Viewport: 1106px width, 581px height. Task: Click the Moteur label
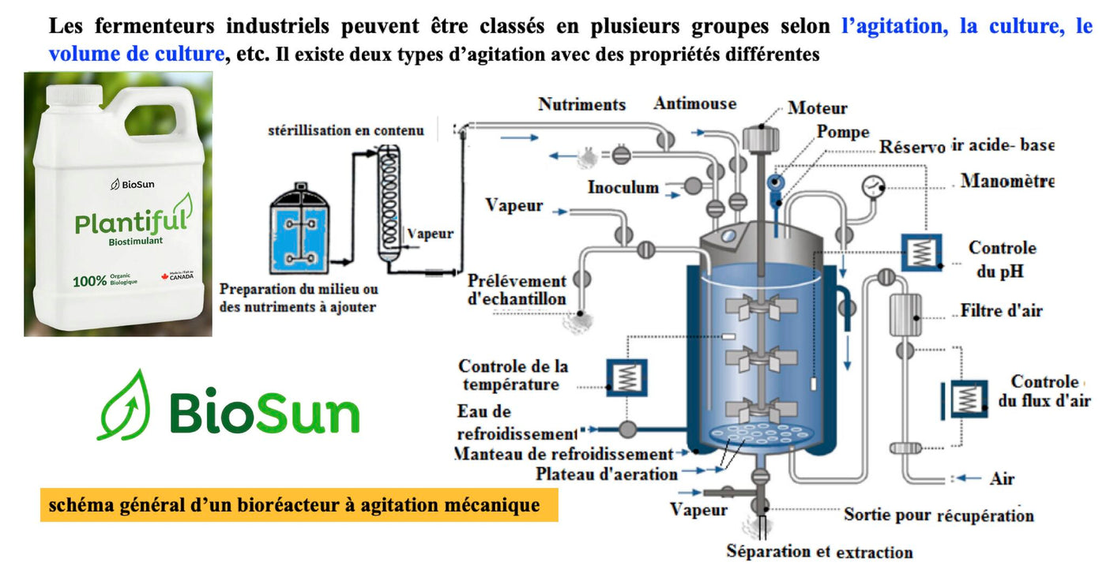817,107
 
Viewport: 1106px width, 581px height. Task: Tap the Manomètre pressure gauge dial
873,187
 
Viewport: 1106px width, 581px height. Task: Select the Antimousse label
694,103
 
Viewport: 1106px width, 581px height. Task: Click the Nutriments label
581,104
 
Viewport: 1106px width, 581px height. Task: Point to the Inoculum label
623,187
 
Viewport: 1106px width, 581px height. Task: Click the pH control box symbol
921,253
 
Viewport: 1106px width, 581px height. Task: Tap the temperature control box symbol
626,378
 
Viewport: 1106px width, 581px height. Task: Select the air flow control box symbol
967,399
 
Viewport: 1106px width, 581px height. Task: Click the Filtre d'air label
1001,310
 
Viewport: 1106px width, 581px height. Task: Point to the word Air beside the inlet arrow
1002,478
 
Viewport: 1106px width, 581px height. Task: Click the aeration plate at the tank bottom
760,434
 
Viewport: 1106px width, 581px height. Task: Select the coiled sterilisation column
389,203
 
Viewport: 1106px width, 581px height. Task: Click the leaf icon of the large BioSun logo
124,406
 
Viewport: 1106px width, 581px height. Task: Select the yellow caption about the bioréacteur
299,505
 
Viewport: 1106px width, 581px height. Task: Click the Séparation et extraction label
820,552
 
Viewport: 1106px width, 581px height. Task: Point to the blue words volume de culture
137,54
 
